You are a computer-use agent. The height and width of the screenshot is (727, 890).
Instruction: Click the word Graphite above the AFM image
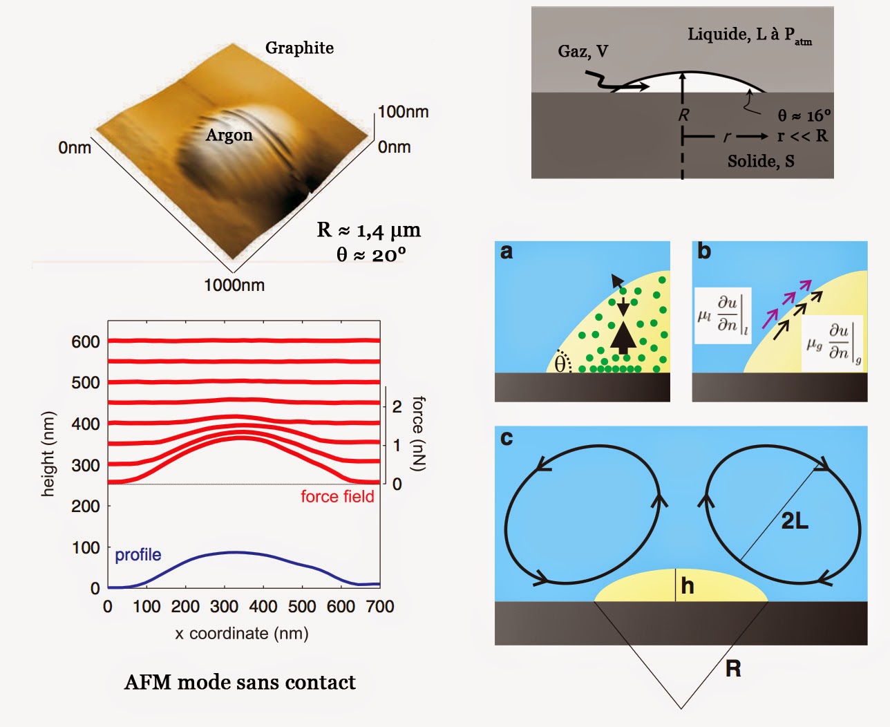pos(299,48)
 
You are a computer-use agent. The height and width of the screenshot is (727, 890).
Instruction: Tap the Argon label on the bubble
pos(229,135)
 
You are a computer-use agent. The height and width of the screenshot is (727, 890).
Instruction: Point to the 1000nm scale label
pos(234,285)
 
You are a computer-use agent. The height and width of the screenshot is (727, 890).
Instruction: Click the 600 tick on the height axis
pos(86,341)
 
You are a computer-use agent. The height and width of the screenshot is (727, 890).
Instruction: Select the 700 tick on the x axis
pos(380,607)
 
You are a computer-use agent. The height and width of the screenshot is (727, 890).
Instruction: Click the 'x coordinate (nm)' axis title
pos(242,633)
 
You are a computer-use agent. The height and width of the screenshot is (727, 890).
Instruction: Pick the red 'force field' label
pos(337,496)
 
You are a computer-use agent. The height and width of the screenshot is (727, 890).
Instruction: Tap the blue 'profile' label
pos(138,555)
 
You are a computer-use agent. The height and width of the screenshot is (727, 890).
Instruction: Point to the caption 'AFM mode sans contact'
pos(240,682)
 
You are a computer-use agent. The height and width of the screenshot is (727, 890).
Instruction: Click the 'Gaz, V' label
pos(583,51)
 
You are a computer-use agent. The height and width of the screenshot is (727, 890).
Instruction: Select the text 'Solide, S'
pos(761,161)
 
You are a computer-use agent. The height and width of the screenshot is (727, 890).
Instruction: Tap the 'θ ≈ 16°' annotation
pos(804,115)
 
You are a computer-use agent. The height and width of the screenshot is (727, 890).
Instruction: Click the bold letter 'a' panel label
pos(506,252)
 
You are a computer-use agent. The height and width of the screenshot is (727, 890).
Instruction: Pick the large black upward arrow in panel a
pos(623,337)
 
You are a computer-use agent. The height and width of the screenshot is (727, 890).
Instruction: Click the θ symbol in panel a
pos(560,363)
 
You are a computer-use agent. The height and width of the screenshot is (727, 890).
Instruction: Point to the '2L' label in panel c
pos(795,520)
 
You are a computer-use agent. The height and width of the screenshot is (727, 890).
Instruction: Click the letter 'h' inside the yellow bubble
pos(687,586)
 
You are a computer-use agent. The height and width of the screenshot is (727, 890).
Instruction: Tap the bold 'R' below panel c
pos(733,668)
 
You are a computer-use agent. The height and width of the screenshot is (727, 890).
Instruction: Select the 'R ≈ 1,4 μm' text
pos(368,229)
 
